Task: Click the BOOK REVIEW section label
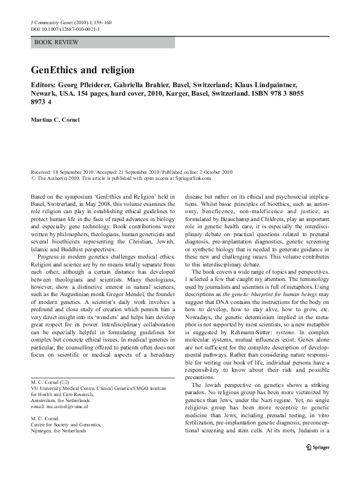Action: click(52, 42)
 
